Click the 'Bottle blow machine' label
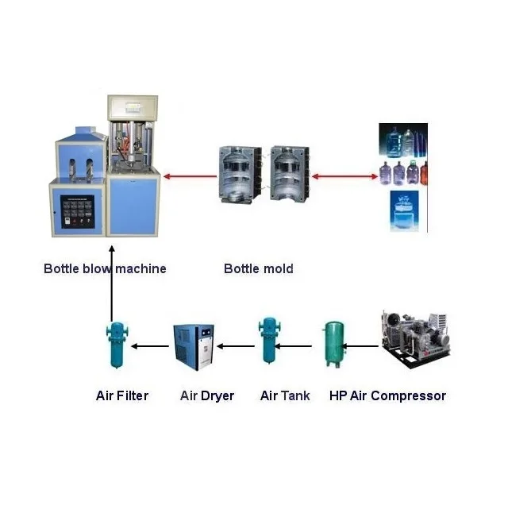(105, 269)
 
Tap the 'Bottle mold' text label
(258, 269)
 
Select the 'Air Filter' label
(121, 395)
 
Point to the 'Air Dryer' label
(207, 395)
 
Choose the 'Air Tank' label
(285, 395)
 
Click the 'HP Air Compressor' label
(387, 395)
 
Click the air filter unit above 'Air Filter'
(116, 345)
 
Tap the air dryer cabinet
(194, 346)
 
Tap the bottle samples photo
(403, 177)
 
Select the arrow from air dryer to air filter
(150, 346)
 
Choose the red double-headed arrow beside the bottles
(344, 176)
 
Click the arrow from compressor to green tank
(362, 346)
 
